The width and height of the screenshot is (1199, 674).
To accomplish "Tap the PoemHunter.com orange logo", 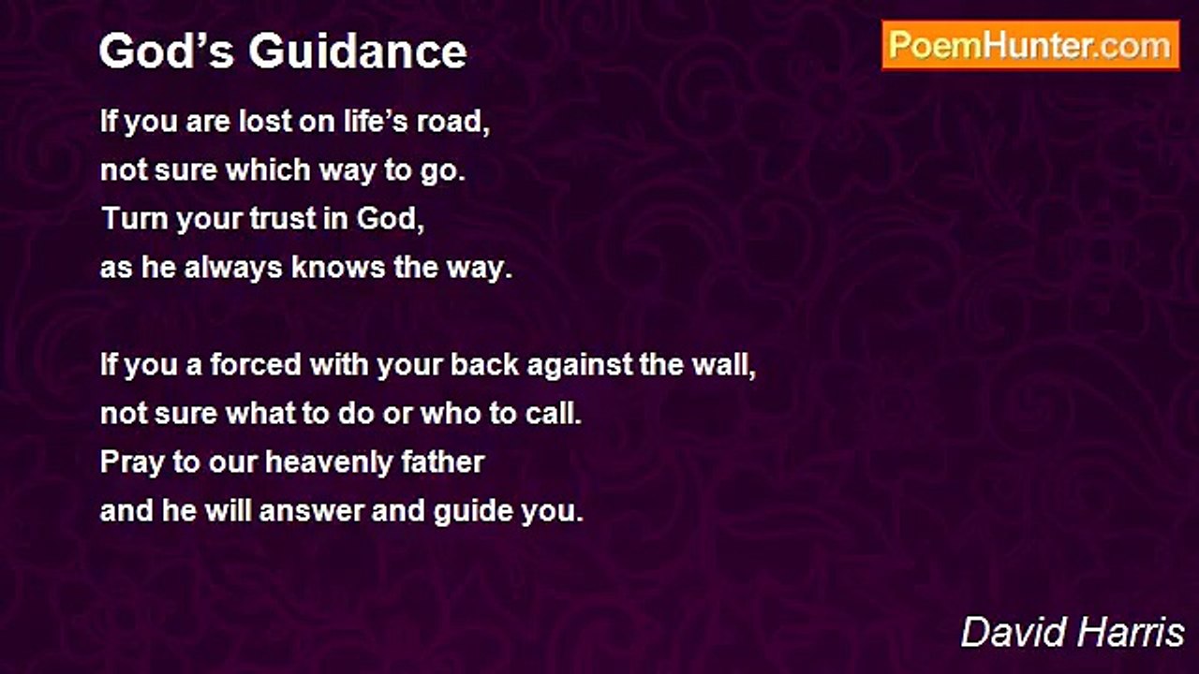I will coord(1030,46).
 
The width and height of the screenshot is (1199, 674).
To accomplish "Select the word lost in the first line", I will coord(264,123).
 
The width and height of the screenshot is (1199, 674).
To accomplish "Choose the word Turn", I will coord(129,219).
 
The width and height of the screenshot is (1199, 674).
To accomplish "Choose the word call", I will coord(553,414).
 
